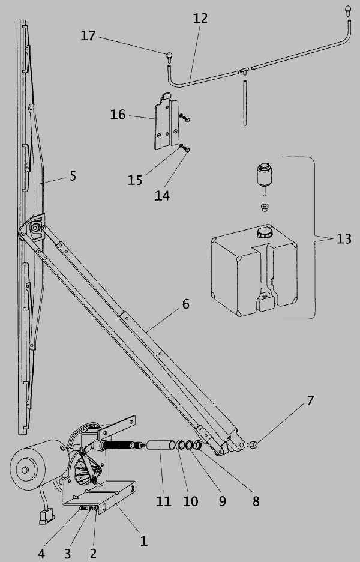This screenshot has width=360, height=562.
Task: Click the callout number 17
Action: point(88,36)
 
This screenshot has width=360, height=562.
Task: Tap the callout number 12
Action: point(200,18)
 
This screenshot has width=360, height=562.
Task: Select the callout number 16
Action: point(118,115)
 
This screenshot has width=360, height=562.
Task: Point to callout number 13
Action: point(344,239)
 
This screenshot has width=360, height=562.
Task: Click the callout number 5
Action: point(73,176)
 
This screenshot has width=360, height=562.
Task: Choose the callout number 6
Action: point(185,304)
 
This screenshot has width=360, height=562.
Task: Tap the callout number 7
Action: point(310,400)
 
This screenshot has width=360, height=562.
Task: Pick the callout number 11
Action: point(163,501)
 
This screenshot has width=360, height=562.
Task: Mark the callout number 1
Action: point(143,541)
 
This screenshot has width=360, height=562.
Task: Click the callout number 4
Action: point(41,554)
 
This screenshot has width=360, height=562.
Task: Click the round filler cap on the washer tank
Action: point(265,232)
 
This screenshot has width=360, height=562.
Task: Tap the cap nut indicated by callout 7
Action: point(252,445)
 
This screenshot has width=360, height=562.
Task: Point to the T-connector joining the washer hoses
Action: point(245,70)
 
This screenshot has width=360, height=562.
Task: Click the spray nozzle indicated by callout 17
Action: point(169,58)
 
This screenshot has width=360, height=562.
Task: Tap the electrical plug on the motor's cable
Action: point(47,516)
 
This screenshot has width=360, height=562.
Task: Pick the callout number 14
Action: point(162,196)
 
